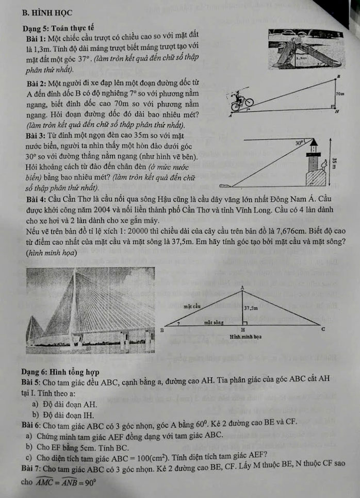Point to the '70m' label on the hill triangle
339,95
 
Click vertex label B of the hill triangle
339,76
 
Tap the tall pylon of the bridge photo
67,304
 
